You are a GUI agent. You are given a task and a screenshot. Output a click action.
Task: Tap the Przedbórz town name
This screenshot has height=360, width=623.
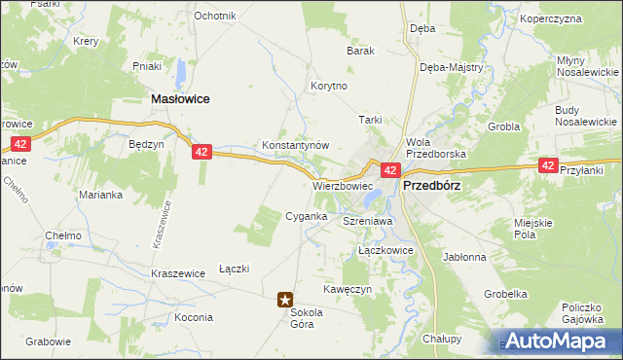[431, 185]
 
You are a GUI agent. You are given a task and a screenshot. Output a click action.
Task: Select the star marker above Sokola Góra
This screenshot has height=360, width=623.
[285, 301]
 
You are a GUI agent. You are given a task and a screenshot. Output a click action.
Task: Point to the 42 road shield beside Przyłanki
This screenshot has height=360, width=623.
[549, 166]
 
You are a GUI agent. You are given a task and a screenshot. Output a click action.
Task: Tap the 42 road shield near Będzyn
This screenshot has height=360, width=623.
[201, 152]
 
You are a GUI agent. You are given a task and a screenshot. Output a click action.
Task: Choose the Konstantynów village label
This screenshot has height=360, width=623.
[296, 145]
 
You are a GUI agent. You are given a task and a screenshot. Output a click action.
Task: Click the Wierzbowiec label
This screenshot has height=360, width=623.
[343, 185]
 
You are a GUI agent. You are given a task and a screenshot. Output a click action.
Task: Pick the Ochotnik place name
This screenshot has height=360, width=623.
[215, 17]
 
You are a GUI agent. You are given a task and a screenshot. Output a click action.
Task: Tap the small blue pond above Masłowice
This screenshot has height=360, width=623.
[181, 72]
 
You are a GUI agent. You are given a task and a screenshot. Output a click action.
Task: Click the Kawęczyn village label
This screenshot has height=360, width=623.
[348, 290]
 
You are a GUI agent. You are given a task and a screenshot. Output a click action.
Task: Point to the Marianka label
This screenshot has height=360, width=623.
[100, 194]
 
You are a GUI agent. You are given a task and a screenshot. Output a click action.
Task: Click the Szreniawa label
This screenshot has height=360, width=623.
[367, 222]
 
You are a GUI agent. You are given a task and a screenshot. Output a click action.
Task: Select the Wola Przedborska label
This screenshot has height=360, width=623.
[436, 147]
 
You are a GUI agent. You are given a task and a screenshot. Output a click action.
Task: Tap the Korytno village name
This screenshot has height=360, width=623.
[328, 86]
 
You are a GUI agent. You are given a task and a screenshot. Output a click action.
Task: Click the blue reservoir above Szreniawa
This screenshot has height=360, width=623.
[372, 199]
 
